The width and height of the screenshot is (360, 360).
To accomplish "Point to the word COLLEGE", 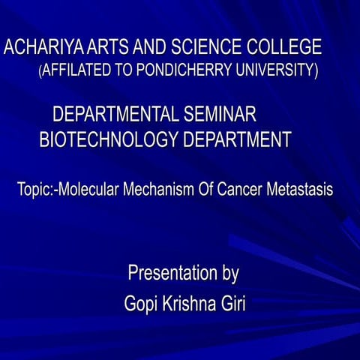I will tap(286, 49).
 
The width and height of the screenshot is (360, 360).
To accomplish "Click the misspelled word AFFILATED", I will tap(77, 71).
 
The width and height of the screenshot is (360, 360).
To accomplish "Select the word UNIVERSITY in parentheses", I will tap(277, 71).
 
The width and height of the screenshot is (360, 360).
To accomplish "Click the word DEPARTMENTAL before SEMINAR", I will tap(115, 115).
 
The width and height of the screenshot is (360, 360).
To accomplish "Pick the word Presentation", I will tap(171, 273).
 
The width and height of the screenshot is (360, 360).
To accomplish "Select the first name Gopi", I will tap(140, 304).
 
